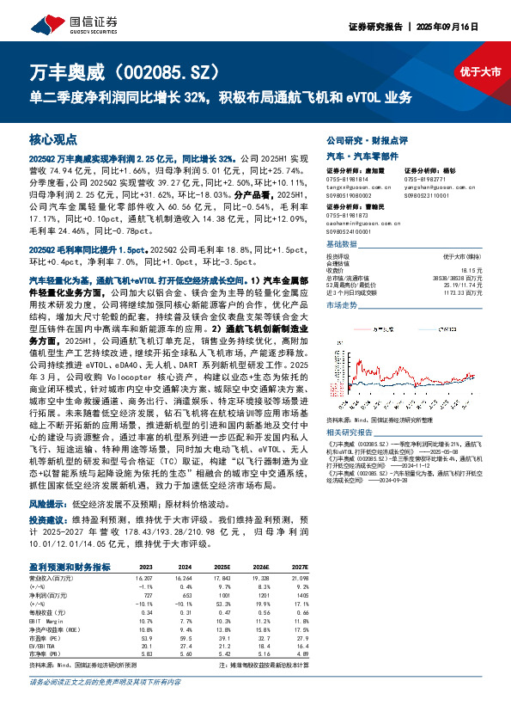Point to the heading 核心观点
tap(53, 138)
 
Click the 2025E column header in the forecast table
tap(222, 568)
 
